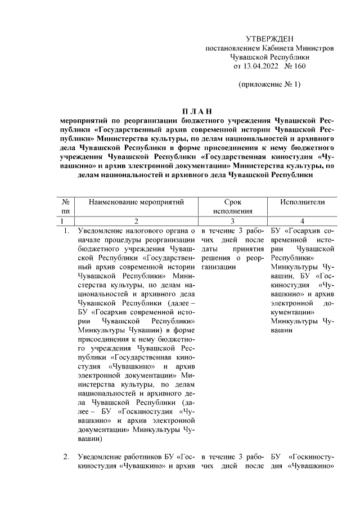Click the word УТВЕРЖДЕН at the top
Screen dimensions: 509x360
pos(270,38)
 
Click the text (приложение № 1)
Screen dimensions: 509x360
pos(270,85)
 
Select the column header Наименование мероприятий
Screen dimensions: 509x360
pos(134,201)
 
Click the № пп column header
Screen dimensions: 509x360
pos(66,206)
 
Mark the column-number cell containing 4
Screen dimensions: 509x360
pos(303,221)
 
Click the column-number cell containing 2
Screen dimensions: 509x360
pos(134,221)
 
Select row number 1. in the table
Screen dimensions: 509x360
pos(66,231)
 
